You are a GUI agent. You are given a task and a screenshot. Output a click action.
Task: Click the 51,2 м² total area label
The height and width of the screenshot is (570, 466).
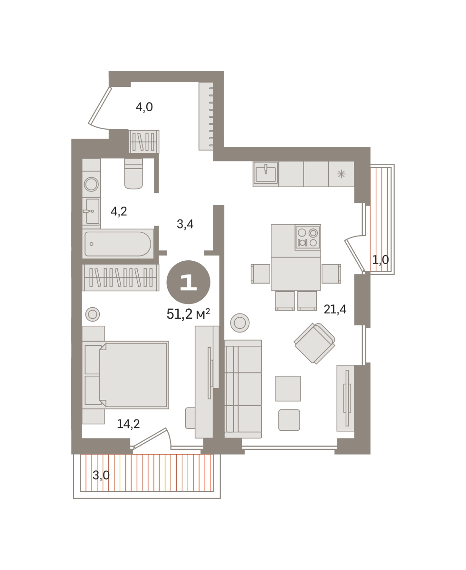(x=188, y=314)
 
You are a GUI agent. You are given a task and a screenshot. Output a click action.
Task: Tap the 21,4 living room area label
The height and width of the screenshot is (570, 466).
(x=335, y=309)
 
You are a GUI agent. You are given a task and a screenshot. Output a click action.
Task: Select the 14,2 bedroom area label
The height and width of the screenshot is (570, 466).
(x=128, y=424)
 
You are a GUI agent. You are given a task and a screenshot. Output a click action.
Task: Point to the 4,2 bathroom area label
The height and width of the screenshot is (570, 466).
(x=119, y=211)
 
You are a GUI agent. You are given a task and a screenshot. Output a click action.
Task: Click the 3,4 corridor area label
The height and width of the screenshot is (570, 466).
(x=185, y=224)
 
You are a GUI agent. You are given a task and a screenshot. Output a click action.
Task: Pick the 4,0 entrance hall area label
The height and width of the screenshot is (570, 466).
(x=144, y=107)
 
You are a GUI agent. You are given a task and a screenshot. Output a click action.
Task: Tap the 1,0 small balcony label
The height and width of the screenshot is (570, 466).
(x=380, y=260)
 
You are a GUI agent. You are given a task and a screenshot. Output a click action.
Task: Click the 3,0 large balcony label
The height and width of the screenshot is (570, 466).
(x=101, y=475)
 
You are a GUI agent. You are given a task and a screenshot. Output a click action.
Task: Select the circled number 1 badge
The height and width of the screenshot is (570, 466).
(x=189, y=282)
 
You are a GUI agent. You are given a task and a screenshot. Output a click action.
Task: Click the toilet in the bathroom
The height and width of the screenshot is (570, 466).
(x=133, y=173)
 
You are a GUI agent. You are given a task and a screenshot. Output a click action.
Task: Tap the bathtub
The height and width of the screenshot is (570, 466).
(x=118, y=244)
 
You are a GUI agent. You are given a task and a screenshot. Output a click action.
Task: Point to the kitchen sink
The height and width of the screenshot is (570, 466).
(x=266, y=173)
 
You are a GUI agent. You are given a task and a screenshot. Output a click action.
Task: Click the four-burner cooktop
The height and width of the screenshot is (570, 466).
(x=308, y=237)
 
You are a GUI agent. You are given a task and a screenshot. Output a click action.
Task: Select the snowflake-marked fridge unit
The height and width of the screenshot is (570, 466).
(x=342, y=174)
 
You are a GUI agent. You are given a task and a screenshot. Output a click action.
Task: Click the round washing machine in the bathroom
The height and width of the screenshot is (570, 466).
(x=91, y=184)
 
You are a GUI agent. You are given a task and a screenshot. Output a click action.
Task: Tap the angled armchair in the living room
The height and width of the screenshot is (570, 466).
(x=314, y=343)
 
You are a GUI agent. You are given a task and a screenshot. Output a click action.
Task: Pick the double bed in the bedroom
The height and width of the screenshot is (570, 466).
(x=126, y=375)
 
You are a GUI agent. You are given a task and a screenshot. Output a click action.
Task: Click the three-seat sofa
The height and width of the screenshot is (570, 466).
(x=243, y=389)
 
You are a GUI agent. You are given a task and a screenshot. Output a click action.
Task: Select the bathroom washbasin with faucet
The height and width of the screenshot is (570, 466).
(x=91, y=211)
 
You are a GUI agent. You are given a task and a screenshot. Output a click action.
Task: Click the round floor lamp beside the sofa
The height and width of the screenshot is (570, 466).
(x=240, y=323)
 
